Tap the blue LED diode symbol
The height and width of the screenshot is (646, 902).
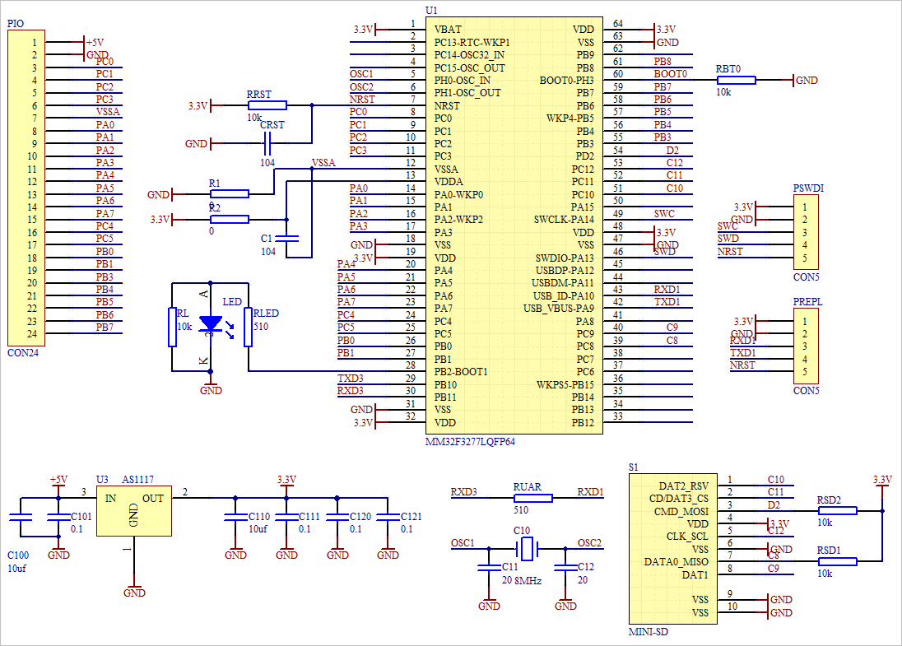(x=212, y=324)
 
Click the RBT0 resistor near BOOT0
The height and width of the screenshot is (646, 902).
(x=737, y=80)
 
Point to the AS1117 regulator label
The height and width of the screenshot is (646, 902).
(x=137, y=479)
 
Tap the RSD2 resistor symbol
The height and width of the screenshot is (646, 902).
(x=837, y=510)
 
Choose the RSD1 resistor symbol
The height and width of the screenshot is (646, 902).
(x=837, y=561)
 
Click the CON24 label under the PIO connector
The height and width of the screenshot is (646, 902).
(x=22, y=352)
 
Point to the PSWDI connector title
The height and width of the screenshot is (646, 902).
(x=808, y=188)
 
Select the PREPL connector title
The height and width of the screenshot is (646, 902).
(x=807, y=302)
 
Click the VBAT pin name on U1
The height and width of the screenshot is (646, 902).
(x=448, y=30)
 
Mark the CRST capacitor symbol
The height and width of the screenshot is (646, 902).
(x=267, y=144)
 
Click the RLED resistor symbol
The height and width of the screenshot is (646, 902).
(x=249, y=328)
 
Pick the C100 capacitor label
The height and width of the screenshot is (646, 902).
(x=17, y=555)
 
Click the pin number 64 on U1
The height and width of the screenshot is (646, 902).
(x=617, y=25)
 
